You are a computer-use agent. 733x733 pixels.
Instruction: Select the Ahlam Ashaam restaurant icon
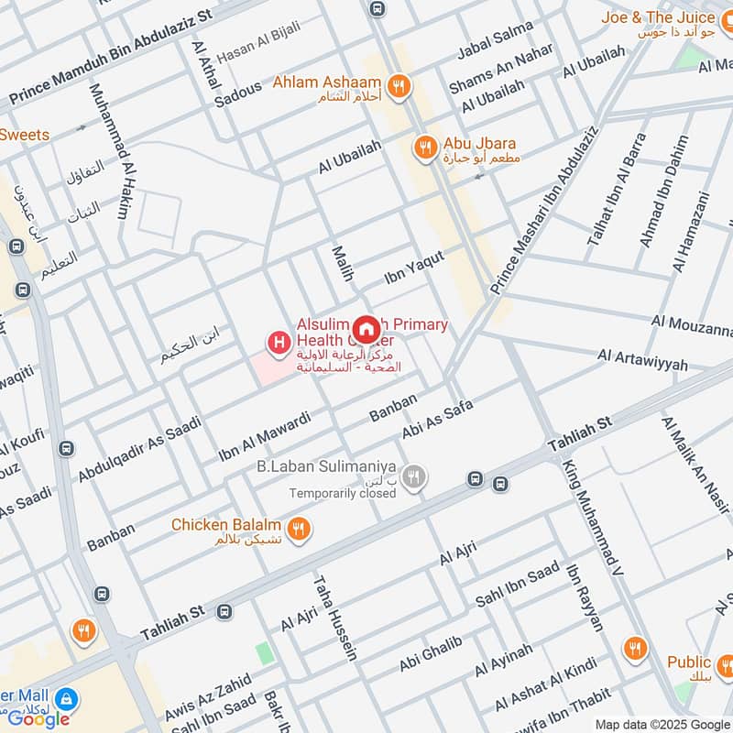tap(398, 85)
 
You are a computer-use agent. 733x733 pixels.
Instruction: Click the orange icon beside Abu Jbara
tap(423, 146)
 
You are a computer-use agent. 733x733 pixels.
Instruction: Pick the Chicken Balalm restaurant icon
tap(297, 528)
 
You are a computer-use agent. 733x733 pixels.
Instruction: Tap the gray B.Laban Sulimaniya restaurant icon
tap(414, 476)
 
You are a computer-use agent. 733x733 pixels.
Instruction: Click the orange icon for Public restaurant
tap(634, 649)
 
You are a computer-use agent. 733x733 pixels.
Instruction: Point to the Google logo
tap(39, 718)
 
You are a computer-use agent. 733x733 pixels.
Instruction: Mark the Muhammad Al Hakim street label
tap(108, 152)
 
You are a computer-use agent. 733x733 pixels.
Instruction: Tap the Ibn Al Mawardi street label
tap(265, 436)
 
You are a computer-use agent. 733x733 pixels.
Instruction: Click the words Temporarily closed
tap(343, 493)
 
